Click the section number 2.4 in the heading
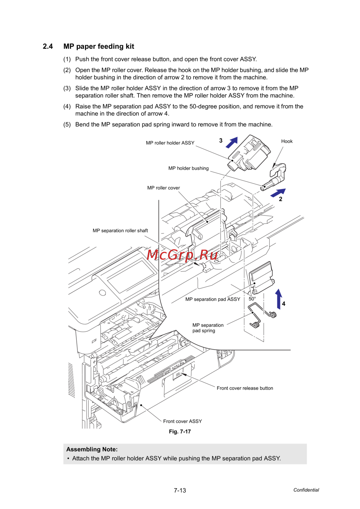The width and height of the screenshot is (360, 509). coord(48,46)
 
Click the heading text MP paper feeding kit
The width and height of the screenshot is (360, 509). coord(99,46)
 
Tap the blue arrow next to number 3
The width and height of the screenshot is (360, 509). coord(232,142)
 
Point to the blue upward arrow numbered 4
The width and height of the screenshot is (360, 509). coord(279,299)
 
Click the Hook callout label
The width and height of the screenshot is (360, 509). coord(287,141)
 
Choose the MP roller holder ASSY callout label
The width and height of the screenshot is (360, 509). coord(170,143)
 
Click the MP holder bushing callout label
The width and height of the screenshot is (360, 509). coord(188,168)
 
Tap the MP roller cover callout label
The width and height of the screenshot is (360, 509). coord(163,188)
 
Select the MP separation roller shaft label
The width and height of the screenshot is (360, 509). coord(120,231)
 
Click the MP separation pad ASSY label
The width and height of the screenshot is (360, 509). coord(212,299)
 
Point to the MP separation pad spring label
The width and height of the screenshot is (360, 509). coord(208,328)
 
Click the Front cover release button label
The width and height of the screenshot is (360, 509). coord(245,388)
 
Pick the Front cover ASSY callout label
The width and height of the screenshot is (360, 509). coord(183,421)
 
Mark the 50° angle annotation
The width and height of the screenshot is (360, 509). coord(252,299)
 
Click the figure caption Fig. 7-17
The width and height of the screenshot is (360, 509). coord(180,432)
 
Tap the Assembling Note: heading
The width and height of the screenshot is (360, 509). coord(92,449)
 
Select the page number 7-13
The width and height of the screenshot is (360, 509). coord(180,490)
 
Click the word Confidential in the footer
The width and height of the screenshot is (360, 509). coord(306,490)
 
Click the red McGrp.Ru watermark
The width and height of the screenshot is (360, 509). coord(183,255)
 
